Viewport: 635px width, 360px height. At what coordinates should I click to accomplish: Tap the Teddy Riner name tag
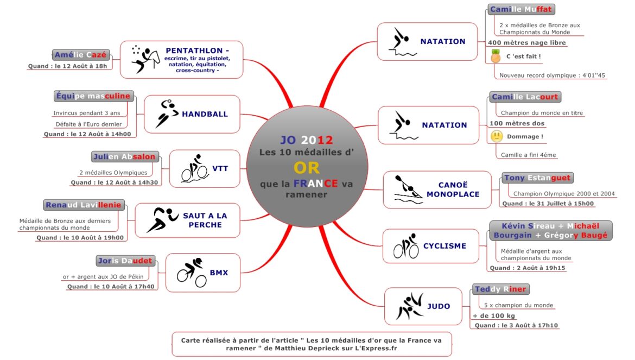(501, 289)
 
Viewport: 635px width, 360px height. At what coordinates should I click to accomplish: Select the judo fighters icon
(409, 306)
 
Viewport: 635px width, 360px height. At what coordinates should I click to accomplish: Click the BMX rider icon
(192, 272)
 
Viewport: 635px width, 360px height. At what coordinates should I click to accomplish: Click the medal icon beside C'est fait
(495, 56)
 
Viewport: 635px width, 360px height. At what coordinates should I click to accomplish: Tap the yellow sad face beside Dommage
(496, 136)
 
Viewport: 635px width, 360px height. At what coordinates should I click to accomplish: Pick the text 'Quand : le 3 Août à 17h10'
(516, 325)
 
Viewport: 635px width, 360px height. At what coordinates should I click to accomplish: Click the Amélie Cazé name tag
(81, 54)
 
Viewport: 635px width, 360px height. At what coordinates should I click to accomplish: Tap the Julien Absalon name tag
(125, 157)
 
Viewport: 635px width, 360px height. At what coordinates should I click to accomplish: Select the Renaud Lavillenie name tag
(84, 205)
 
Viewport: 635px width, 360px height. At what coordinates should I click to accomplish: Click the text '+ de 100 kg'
(494, 315)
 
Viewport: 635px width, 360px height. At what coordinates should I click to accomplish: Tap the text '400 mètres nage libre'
(526, 43)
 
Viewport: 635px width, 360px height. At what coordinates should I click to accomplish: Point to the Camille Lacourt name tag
(525, 97)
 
